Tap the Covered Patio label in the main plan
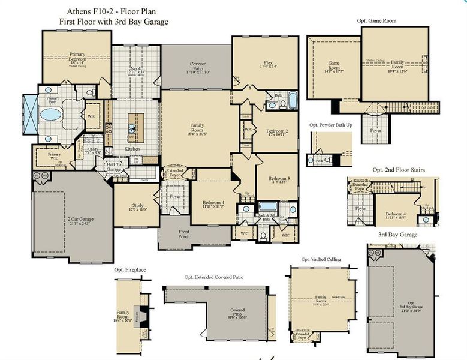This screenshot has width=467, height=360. point(198,67)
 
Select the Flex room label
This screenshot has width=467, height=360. point(267,64)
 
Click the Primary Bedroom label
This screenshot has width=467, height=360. point(77,58)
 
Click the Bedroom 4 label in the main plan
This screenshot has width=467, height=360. point(213,203)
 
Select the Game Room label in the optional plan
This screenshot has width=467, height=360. point(334,65)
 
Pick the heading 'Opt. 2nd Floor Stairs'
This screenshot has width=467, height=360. point(399,170)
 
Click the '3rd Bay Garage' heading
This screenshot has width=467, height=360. point(398,235)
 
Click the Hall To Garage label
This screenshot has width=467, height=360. point(115,167)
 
